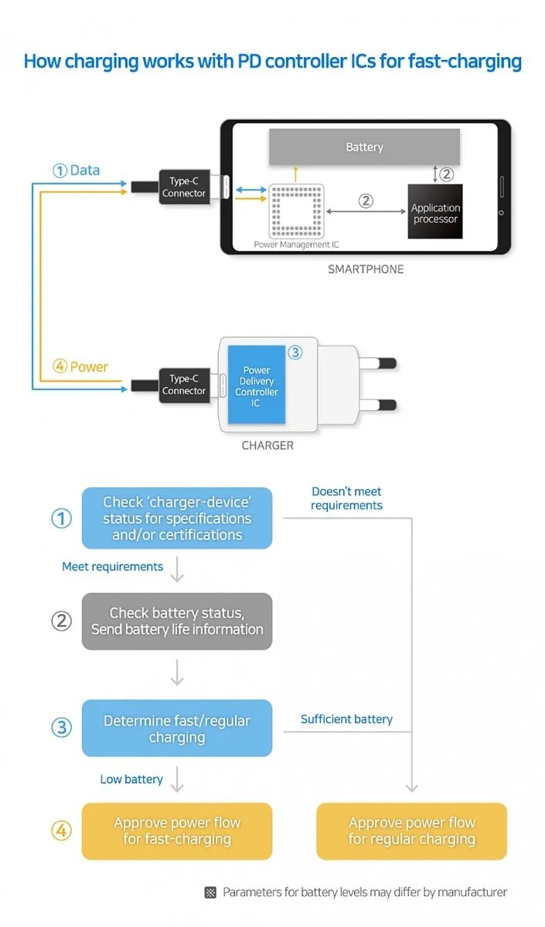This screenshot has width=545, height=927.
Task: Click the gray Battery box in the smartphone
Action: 364,147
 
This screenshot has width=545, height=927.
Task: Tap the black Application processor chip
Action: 434,212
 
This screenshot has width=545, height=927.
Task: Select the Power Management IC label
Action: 296,245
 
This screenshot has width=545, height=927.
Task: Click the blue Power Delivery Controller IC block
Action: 256,385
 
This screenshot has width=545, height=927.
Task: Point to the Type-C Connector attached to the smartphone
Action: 183,187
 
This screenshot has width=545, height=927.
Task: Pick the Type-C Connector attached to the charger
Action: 183,385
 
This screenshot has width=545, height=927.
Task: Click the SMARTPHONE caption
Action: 366,270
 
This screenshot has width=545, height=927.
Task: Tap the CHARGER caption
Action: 267,446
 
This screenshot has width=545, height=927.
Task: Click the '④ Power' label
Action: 80,367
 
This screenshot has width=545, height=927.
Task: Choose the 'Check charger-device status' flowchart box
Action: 177,518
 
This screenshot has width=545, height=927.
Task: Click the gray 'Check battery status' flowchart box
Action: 177,621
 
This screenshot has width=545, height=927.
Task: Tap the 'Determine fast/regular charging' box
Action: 177,728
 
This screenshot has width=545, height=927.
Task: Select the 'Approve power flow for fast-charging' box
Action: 177,831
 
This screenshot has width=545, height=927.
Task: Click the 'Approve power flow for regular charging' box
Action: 411,831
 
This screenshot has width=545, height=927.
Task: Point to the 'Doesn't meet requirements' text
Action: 346,498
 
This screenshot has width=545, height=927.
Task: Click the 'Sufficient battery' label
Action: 346,719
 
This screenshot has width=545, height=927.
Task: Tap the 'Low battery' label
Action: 131,779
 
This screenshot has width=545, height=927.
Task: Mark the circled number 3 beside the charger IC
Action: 295,352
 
